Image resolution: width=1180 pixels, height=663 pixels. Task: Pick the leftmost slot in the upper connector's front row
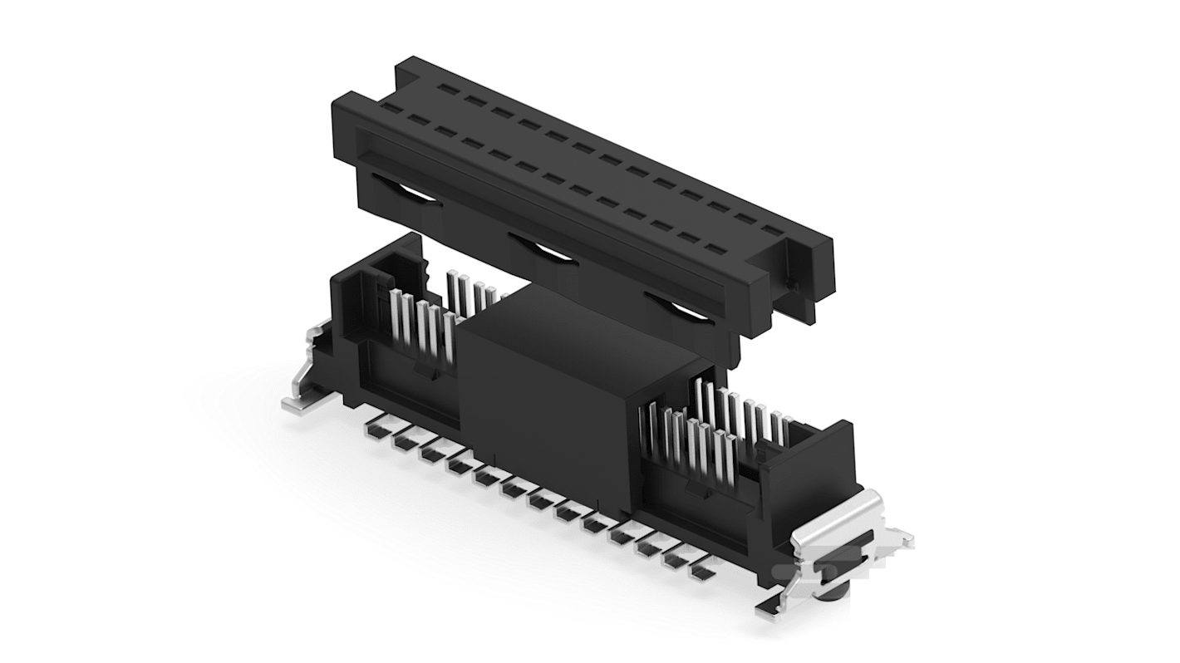click(392, 109)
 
